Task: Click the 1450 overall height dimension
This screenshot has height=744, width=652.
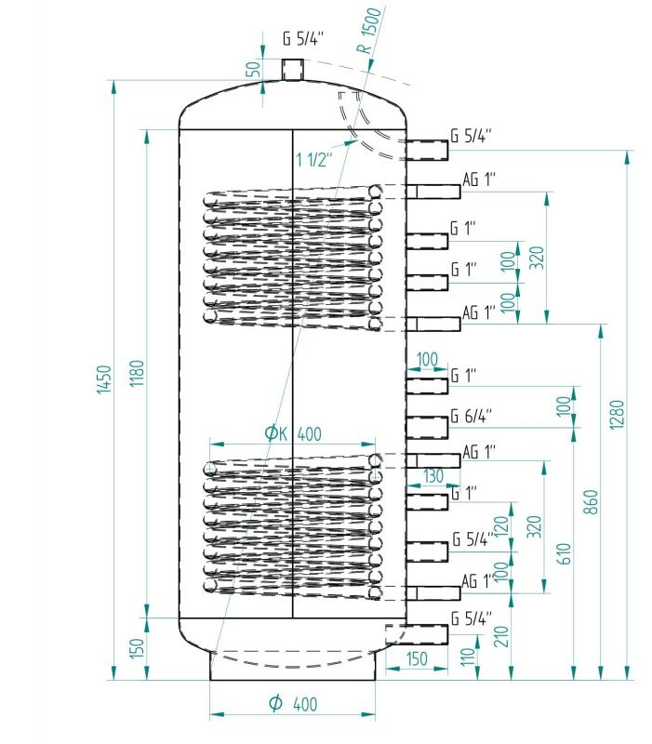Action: (105, 379)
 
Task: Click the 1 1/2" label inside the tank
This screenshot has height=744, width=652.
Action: (314, 159)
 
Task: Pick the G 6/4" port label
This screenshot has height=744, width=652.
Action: (472, 416)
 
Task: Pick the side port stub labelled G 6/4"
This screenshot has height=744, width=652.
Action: (426, 427)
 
